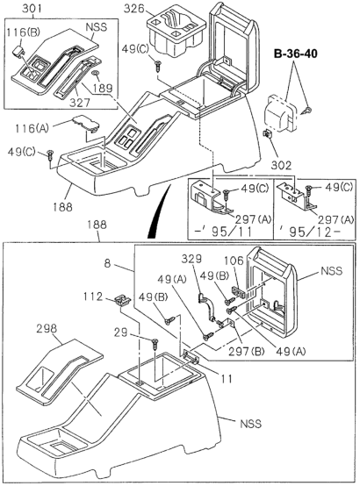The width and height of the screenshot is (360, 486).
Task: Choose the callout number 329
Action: pyautogui.click(x=192, y=261)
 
